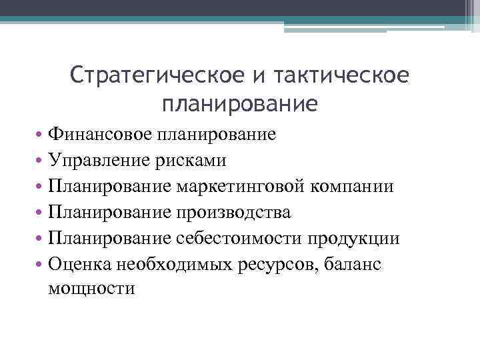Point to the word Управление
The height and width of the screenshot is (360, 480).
coord(101,161)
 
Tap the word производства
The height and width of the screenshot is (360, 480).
coord(234,212)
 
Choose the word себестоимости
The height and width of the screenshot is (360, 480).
coord(241,238)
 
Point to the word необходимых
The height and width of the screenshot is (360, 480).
coord(175,263)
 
